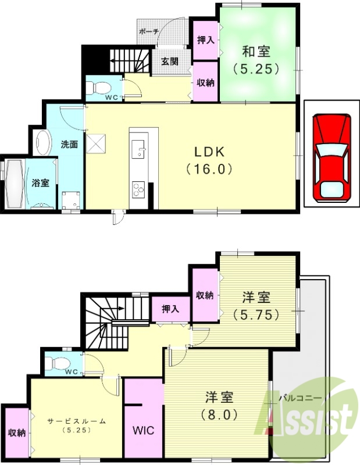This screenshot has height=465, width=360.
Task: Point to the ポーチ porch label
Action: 149,32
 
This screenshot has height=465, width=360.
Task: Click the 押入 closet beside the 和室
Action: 205,40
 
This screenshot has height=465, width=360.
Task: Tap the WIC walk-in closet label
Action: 142,431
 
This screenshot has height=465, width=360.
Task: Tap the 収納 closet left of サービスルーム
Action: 16,433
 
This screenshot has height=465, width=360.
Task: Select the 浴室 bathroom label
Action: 40,183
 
